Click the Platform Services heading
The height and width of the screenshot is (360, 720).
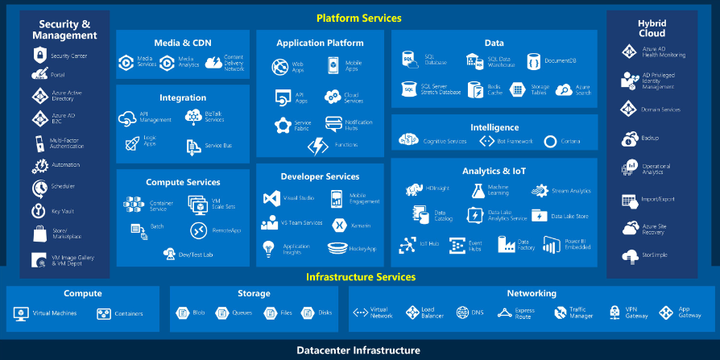[x=358, y=18]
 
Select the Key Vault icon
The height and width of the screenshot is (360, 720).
[x=39, y=211]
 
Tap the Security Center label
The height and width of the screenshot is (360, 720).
[x=68, y=56]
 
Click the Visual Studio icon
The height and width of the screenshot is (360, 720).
[x=271, y=198]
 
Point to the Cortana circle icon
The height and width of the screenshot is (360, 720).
[x=550, y=142]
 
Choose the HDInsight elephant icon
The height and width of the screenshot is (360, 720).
[x=414, y=190]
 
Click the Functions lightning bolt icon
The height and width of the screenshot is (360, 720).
[x=318, y=146]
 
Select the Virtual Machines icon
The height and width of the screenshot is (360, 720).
[x=21, y=313]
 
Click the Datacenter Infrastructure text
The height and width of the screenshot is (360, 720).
[x=358, y=350]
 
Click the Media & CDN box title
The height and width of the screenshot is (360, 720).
[x=182, y=42]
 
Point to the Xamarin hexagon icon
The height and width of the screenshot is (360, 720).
[x=340, y=225]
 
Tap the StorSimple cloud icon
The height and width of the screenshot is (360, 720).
[x=629, y=256]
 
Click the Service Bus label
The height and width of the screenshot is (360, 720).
[x=218, y=146]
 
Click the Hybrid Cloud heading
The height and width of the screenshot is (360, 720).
[x=651, y=28]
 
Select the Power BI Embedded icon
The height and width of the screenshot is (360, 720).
[x=552, y=244]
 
